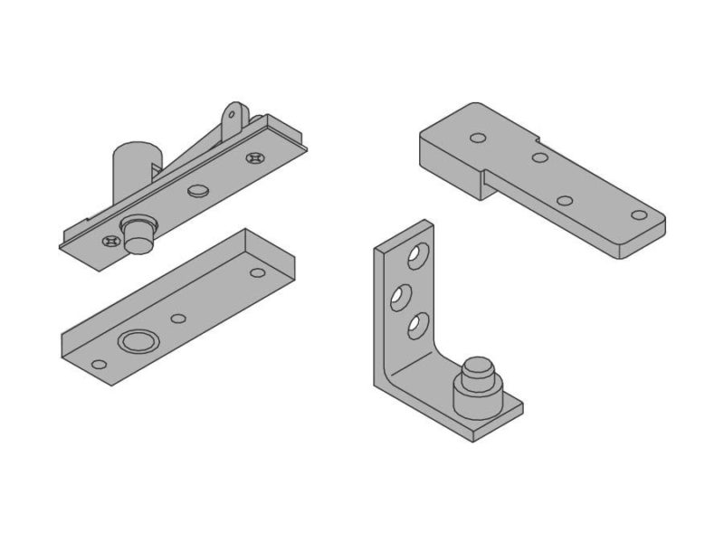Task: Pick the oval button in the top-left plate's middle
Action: (x=197, y=191)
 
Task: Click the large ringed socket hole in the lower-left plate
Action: (x=136, y=341)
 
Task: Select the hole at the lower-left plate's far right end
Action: (x=258, y=272)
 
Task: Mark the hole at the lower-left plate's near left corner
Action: (x=99, y=365)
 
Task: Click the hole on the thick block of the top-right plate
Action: (x=478, y=138)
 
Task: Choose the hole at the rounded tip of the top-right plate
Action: (x=639, y=215)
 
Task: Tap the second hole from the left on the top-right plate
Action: (x=539, y=157)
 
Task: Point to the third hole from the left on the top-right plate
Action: (x=565, y=200)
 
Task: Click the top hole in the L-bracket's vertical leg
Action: (x=415, y=258)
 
